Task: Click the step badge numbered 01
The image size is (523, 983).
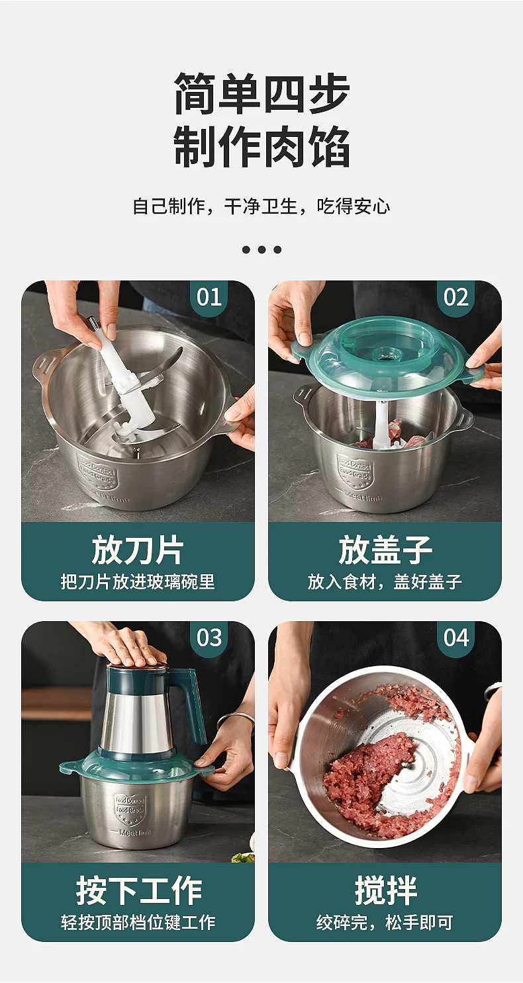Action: [x=209, y=297]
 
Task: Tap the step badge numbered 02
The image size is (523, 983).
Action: [x=456, y=297]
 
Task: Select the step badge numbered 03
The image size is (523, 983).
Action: [x=209, y=638]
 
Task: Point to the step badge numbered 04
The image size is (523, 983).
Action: [x=456, y=638]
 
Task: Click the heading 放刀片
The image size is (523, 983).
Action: [x=138, y=550]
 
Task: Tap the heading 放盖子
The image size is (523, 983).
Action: [x=385, y=550]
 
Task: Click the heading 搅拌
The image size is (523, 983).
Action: [x=385, y=890]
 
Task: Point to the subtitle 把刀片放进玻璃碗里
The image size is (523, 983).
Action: [x=138, y=582]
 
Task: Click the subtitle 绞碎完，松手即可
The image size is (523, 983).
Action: [x=385, y=922]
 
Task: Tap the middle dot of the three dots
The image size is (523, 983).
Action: [x=261, y=249]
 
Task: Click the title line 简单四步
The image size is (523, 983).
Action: [x=261, y=93]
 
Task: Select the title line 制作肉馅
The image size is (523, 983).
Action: [x=261, y=146]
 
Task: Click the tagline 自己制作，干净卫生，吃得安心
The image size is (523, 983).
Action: [x=261, y=206]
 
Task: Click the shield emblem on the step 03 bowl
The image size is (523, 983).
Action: [x=129, y=806]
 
